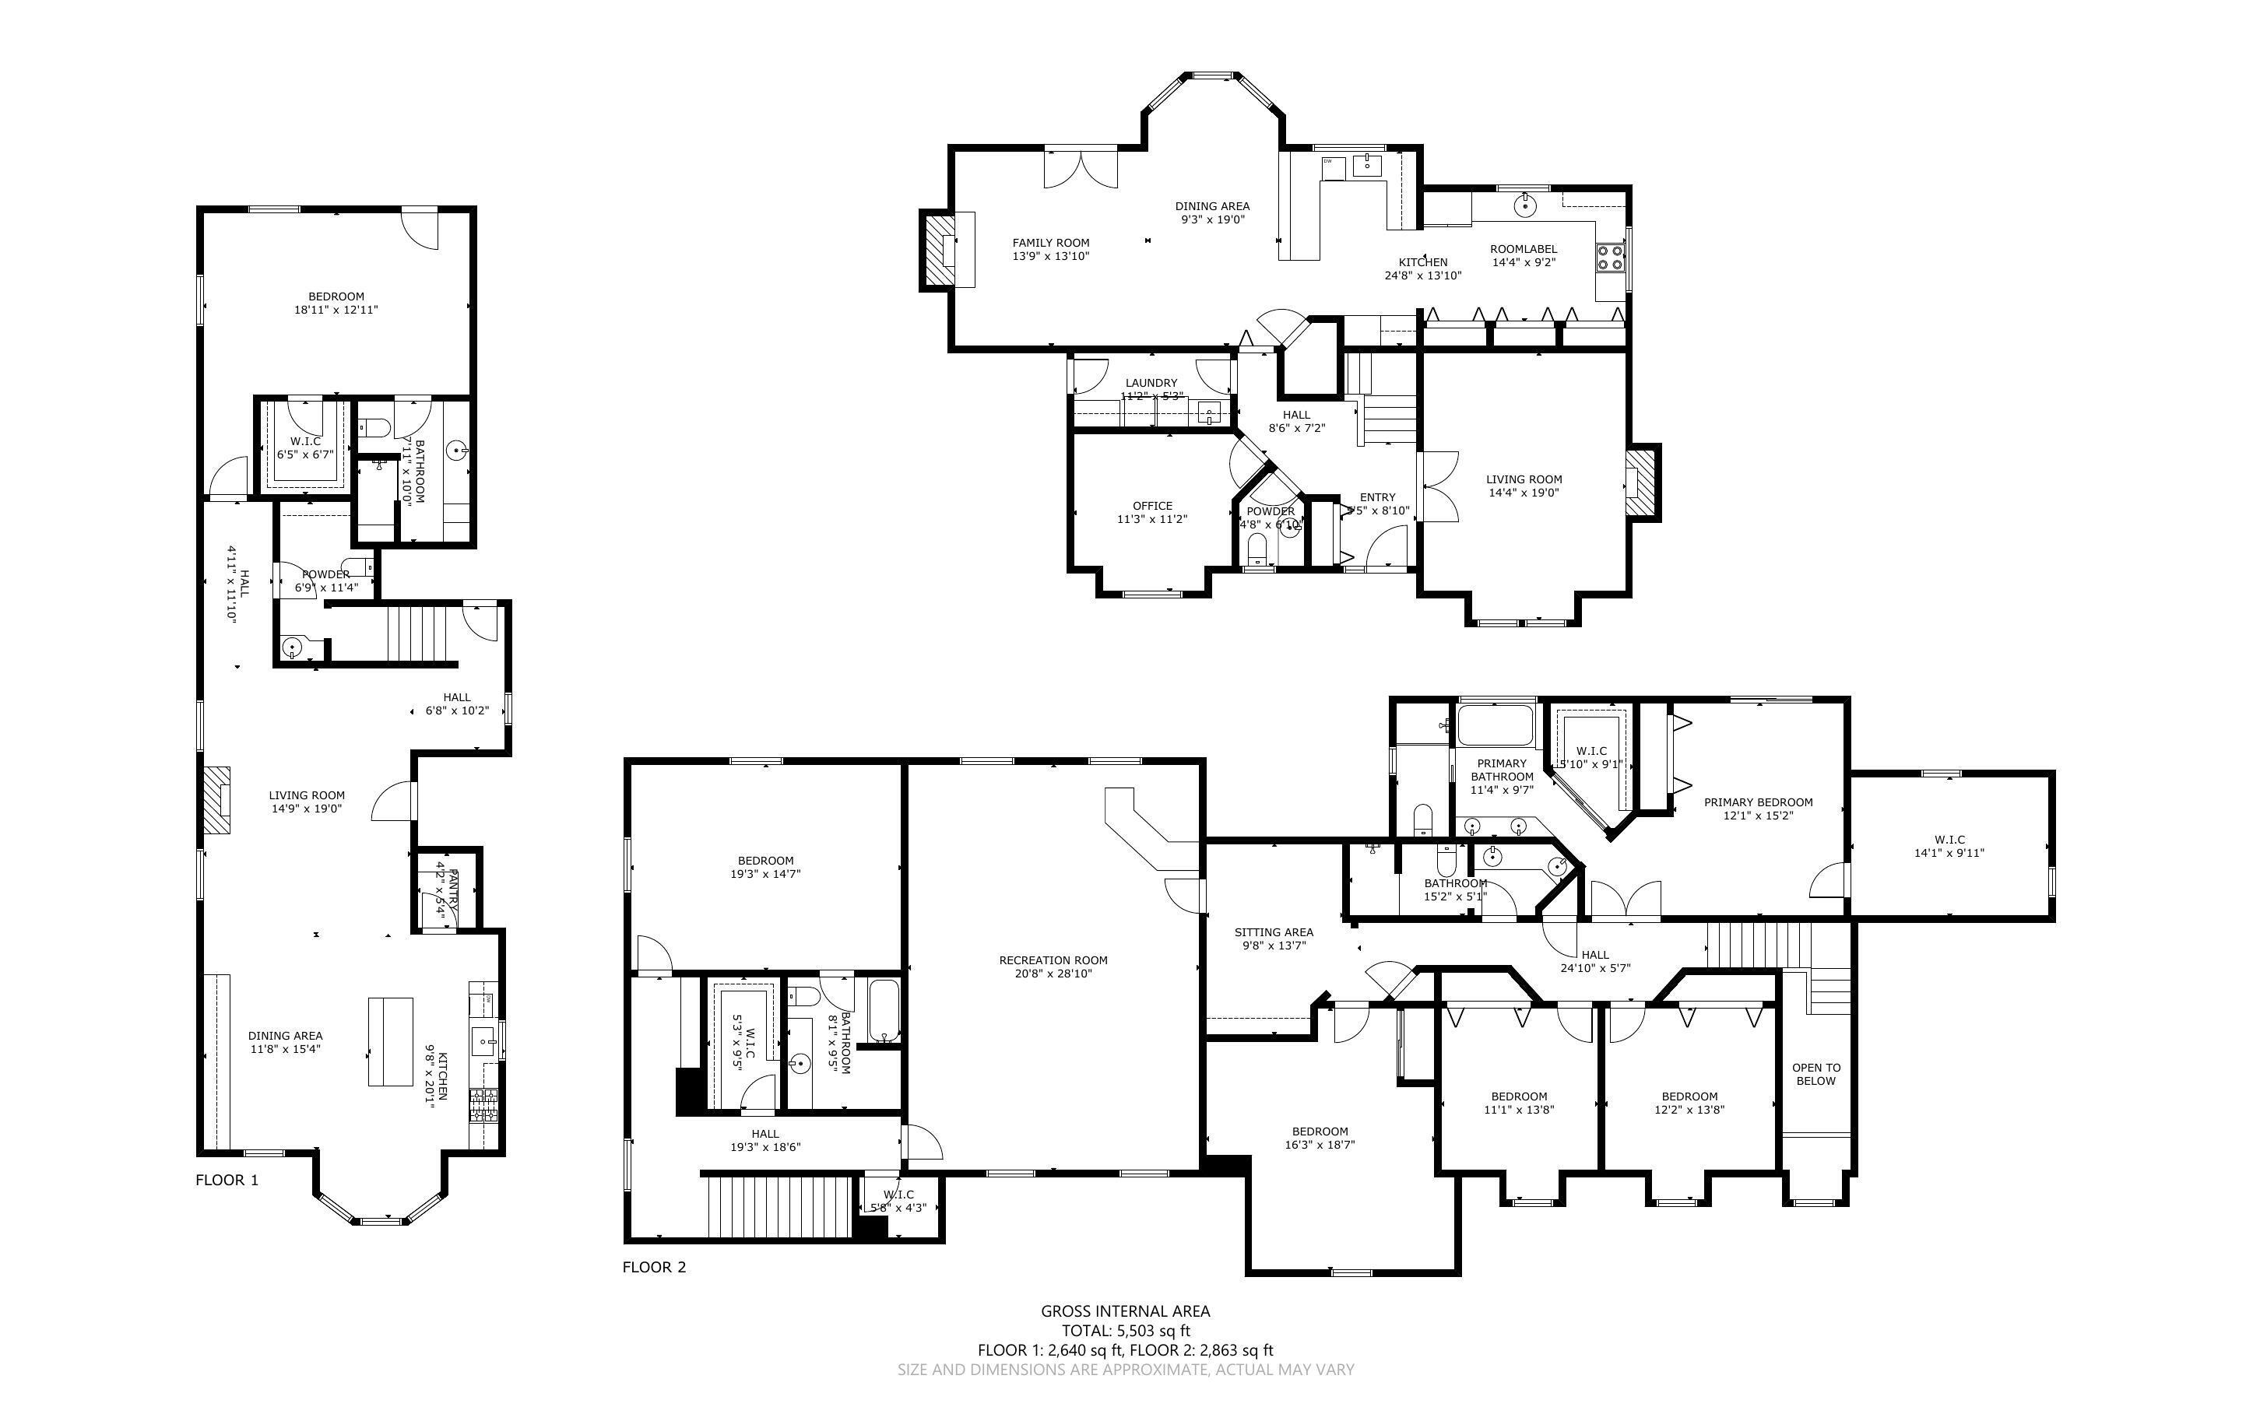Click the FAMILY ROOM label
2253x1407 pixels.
pos(1051,243)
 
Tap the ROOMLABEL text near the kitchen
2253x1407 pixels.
pos(1524,249)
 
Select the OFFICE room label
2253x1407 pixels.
pos(1152,506)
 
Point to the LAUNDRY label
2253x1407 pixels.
pos(1151,382)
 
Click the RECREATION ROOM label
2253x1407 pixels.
pos(1053,960)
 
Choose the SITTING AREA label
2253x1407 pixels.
pos(1273,932)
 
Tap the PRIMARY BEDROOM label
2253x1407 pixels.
pos(1757,802)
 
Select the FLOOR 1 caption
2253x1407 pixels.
pos(226,1180)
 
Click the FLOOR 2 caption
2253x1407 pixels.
pos(653,1266)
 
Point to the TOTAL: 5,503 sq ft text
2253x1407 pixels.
pos(1125,1331)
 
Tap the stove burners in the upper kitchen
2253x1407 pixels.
pos(1611,257)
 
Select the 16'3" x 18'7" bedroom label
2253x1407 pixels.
pos(1319,1132)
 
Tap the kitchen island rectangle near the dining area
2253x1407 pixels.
pos(391,1041)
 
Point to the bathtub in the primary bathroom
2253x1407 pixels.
pos(1495,727)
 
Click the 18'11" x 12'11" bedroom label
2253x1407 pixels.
pos(336,296)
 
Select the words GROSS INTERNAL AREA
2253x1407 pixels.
pos(1125,1311)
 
